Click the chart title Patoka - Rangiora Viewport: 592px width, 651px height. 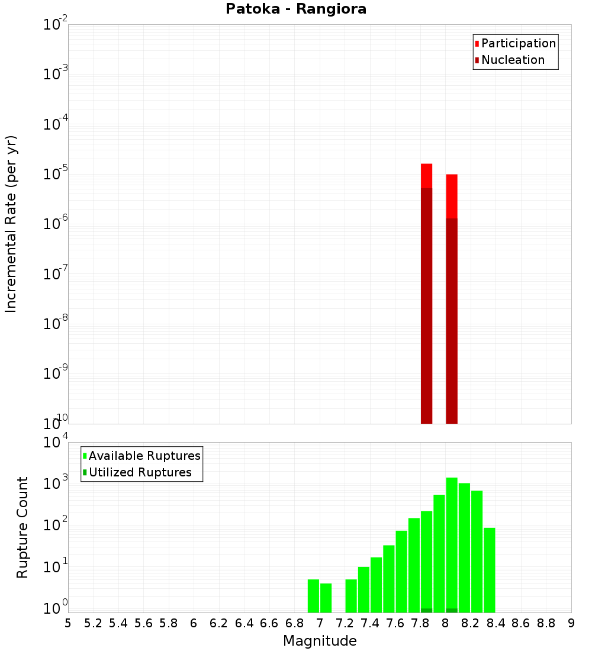pos(296,9)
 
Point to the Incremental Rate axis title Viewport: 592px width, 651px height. pos(11,224)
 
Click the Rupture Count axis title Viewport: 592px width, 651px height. pos(22,527)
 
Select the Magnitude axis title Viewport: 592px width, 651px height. pos(320,641)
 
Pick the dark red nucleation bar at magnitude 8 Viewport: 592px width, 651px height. pos(452,320)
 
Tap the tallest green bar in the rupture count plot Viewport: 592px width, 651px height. pos(452,544)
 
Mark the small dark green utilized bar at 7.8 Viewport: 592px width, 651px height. pos(426,610)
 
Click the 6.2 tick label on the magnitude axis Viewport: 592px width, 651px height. pos(219,623)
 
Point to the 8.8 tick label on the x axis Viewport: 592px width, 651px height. pos(546,623)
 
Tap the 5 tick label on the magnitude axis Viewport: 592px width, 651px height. pos(68,623)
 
